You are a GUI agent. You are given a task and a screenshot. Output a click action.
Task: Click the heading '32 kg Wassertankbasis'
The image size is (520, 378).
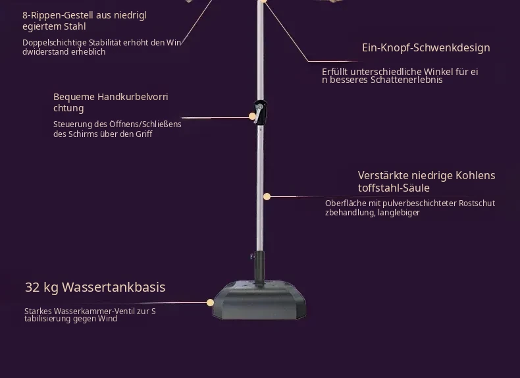click(95, 287)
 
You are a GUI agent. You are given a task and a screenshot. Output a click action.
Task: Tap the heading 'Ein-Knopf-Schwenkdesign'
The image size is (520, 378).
click(426, 48)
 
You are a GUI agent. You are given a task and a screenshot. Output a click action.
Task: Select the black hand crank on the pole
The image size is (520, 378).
click(260, 113)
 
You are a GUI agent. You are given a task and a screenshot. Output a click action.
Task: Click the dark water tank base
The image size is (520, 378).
click(259, 300)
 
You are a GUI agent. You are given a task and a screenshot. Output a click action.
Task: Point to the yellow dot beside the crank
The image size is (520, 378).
click(252, 116)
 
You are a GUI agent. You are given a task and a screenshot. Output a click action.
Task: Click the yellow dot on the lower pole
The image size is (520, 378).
click(267, 197)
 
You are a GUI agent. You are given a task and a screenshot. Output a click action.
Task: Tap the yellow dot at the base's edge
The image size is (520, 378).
click(210, 303)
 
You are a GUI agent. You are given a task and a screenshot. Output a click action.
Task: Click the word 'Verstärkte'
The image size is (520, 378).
click(382, 175)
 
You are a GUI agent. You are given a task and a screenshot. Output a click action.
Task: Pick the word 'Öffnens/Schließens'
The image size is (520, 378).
click(145, 124)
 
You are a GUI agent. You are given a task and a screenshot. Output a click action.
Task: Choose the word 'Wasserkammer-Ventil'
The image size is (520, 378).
click(95, 311)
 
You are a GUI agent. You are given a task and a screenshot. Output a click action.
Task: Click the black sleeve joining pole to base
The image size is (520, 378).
click(259, 267)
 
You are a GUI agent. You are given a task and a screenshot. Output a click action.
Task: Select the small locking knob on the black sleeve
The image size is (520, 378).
click(252, 256)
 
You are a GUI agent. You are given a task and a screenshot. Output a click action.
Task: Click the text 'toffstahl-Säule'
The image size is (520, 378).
click(394, 188)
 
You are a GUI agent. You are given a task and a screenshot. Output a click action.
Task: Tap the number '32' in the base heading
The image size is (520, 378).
click(32, 287)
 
